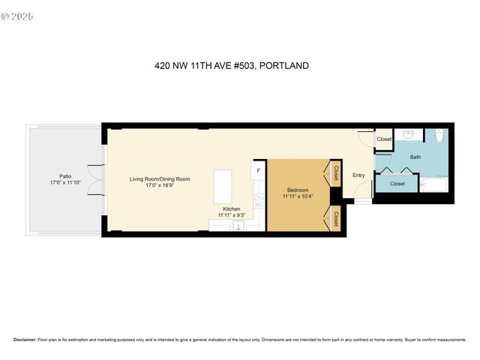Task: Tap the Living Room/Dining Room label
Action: [160, 178]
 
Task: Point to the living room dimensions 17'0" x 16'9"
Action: [160, 186]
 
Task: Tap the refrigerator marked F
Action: [259, 170]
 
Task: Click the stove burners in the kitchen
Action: [259, 200]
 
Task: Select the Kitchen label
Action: [232, 208]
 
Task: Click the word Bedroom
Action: [298, 190]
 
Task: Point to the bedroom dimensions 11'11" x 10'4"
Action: [298, 196]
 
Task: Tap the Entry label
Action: [358, 175]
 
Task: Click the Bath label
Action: [415, 157]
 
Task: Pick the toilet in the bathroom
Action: [439, 136]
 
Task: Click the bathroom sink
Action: [408, 135]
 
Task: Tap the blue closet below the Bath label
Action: [397, 183]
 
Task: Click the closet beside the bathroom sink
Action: [383, 139]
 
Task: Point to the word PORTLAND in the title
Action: [283, 66]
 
